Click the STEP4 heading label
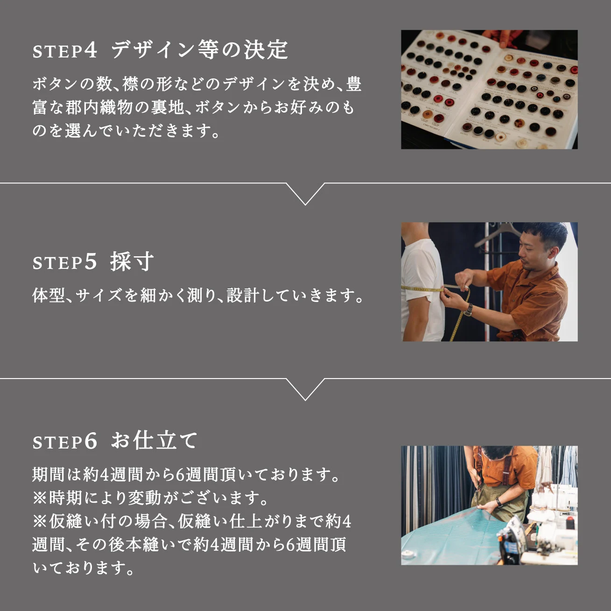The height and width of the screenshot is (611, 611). pos(65,50)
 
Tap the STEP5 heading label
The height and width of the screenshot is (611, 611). pos(65,262)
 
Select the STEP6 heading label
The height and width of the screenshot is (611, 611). pos(65,442)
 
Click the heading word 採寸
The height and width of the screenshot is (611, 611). pos(132,261)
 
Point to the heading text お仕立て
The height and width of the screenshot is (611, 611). pos(155,441)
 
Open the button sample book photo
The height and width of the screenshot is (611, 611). pos(489,90)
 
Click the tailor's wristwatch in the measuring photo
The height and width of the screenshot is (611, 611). pos(468,309)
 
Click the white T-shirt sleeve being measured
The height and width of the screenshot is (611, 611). pos(420,271)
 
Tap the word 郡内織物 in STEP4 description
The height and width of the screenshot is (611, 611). pos(99,107)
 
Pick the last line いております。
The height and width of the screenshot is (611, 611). pos(84,568)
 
